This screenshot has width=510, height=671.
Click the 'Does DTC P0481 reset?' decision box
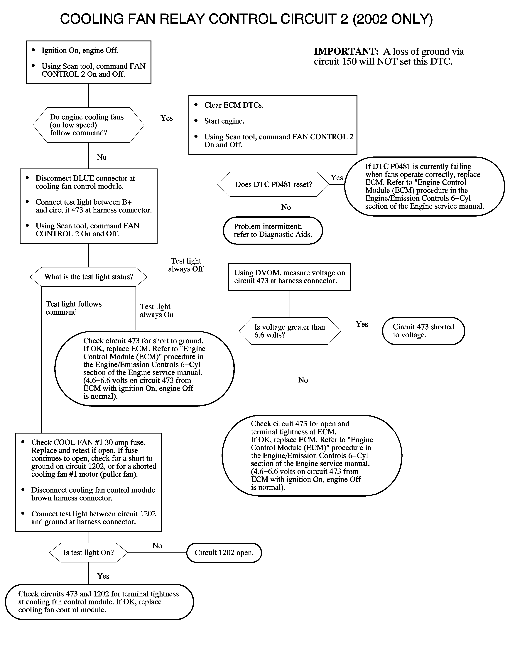[273, 184]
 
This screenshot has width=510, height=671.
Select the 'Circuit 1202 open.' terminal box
[224, 553]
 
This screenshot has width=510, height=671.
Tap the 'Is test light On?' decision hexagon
[88, 553]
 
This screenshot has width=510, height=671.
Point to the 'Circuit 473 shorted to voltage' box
[423, 331]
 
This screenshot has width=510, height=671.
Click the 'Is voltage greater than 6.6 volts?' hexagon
[290, 331]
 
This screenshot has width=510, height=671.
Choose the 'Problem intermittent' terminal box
[273, 230]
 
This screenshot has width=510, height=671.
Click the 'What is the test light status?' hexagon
[88, 277]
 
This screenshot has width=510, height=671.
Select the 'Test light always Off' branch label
[186, 265]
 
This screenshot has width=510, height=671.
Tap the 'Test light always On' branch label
[156, 311]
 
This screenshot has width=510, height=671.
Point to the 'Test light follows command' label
[73, 308]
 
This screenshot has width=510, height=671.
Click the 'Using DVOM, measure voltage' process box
[290, 277]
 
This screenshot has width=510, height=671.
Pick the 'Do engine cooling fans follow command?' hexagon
[88, 125]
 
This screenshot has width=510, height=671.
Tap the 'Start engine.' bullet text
[224, 121]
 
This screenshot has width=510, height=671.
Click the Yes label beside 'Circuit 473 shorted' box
[362, 324]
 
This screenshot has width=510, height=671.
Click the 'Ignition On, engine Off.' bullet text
[80, 50]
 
